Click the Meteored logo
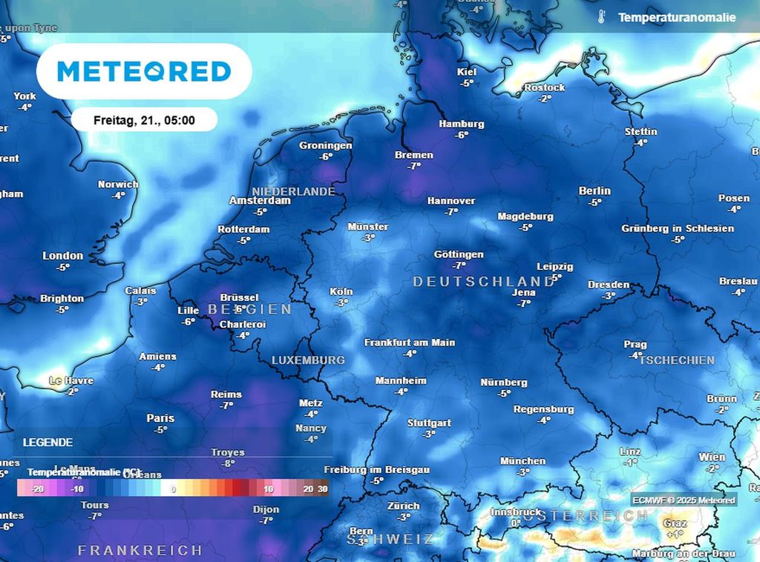(144, 71)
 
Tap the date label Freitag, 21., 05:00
(144, 119)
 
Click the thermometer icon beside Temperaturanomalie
(601, 17)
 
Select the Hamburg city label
(461, 124)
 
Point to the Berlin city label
(594, 191)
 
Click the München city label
(522, 460)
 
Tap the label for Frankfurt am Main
(409, 343)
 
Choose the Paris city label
(160, 418)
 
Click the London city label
(63, 256)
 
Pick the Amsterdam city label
(259, 201)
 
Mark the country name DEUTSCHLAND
(483, 282)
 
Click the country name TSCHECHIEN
(676, 360)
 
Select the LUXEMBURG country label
(308, 360)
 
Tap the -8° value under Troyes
(228, 463)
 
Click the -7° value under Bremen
(414, 166)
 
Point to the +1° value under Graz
(675, 534)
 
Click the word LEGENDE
(47, 443)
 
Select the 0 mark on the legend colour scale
(173, 489)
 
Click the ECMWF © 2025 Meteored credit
(684, 500)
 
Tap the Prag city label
(635, 344)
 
